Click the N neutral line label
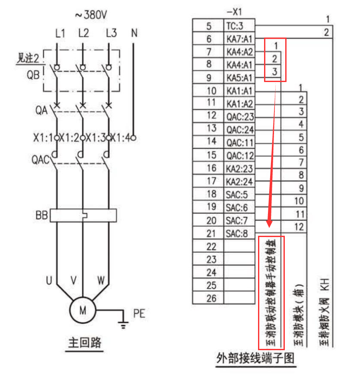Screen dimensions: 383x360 tap(134, 33)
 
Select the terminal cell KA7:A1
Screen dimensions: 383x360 tap(239, 39)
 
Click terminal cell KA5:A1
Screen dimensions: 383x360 tap(239, 78)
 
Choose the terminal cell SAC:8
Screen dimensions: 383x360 tap(237, 234)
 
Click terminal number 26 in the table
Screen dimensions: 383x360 tap(211, 298)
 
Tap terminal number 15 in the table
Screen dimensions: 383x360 tap(211, 154)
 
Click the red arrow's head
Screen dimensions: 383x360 tap(269, 224)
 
